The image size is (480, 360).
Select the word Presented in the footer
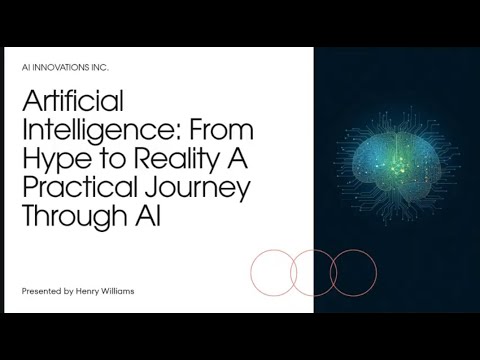tap(43, 290)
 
